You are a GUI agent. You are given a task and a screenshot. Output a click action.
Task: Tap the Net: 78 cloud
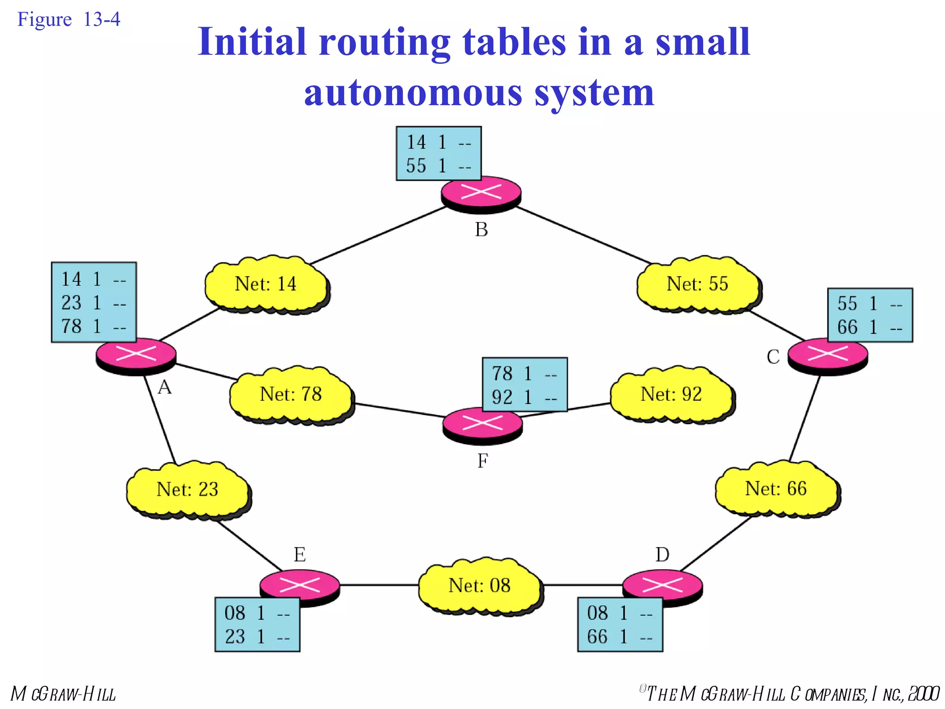click(x=291, y=395)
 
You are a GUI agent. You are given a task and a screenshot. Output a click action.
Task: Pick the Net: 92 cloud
click(x=671, y=395)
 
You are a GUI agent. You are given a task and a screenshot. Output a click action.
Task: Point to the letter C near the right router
click(x=773, y=357)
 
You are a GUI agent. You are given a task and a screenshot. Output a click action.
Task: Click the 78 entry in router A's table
click(x=72, y=326)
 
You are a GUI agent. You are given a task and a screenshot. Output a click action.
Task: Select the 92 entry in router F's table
click(x=502, y=397)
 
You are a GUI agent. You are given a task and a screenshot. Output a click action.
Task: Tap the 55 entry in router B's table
click(x=416, y=166)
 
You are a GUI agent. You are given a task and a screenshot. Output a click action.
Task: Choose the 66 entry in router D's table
click(x=597, y=637)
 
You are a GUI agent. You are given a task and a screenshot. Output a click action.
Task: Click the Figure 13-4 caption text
click(x=68, y=20)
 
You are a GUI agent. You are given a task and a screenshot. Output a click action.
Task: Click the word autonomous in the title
click(x=413, y=92)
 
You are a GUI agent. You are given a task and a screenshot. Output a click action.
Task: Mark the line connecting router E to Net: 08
click(x=378, y=585)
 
